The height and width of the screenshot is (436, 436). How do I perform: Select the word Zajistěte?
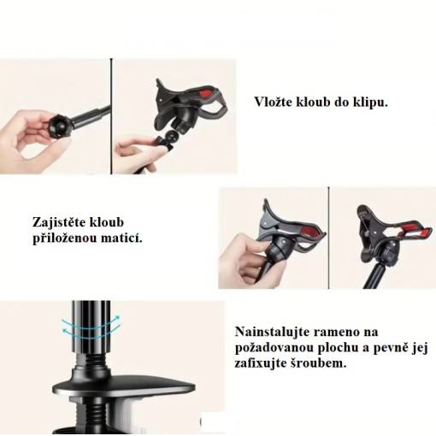(60, 222)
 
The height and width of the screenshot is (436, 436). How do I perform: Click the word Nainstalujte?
(272, 332)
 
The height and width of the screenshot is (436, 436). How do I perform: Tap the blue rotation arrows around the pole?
(91, 327)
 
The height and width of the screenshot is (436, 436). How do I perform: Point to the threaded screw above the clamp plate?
(91, 362)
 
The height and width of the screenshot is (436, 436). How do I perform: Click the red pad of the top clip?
(207, 93)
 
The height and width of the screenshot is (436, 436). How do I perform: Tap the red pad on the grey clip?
(310, 232)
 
